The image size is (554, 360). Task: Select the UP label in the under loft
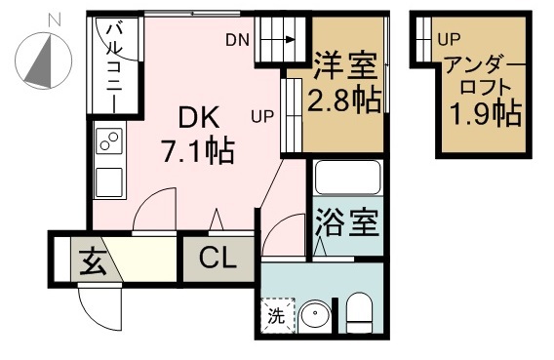pos(449,40)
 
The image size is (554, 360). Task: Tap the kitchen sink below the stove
pos(107,180)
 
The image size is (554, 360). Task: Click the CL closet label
pos(218,259)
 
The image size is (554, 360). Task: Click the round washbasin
pos(314,316)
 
